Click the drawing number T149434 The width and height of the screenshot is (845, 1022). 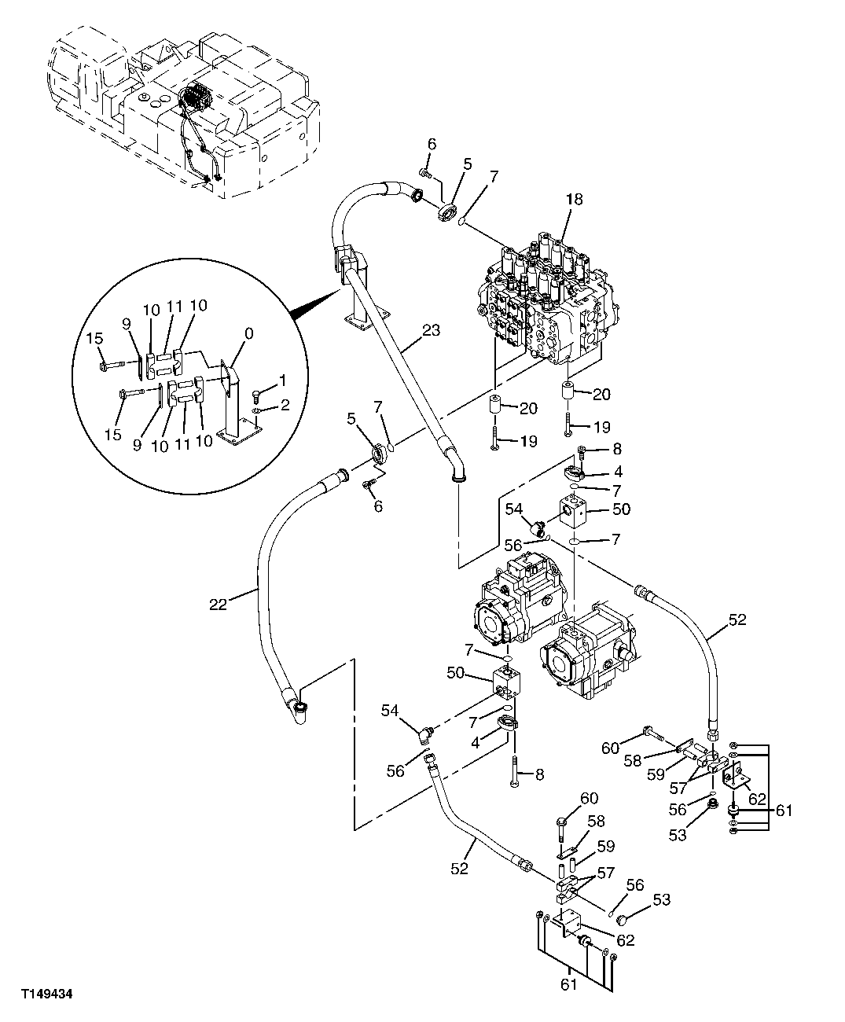pyautogui.click(x=47, y=993)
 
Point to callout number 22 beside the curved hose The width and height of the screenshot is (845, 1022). pyautogui.click(x=218, y=604)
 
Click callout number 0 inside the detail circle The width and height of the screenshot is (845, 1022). pyautogui.click(x=249, y=333)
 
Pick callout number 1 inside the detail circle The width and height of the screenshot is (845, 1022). pyautogui.click(x=282, y=381)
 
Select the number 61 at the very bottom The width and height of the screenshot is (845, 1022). pyautogui.click(x=569, y=983)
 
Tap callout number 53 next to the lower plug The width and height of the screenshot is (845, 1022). pyautogui.click(x=662, y=899)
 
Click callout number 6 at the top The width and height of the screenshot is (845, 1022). pyautogui.click(x=432, y=144)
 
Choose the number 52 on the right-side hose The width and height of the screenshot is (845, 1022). pyautogui.click(x=737, y=619)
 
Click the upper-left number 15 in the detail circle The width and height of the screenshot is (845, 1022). pyautogui.click(x=94, y=339)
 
